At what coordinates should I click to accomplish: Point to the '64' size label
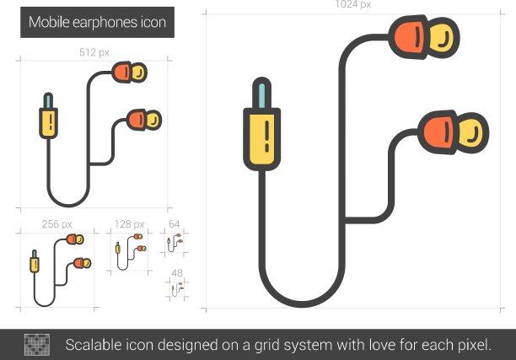[x=174, y=224]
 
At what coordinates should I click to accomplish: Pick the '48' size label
[x=177, y=273]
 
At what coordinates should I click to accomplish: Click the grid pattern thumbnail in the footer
[x=37, y=345]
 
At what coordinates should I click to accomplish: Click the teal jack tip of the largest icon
[x=261, y=95]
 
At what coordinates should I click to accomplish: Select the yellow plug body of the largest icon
[x=261, y=139]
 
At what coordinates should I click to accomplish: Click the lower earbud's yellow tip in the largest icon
[x=470, y=132]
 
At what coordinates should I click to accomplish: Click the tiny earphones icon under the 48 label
[x=178, y=289]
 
